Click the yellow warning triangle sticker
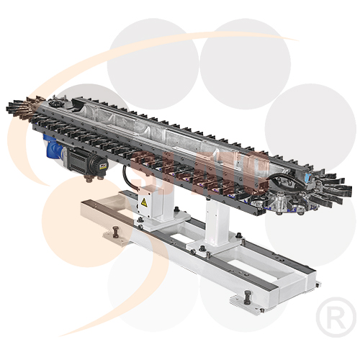(x=145, y=204)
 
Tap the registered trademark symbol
(x=336, y=315)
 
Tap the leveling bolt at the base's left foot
(x=114, y=232)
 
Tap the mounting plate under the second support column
(x=212, y=248)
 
